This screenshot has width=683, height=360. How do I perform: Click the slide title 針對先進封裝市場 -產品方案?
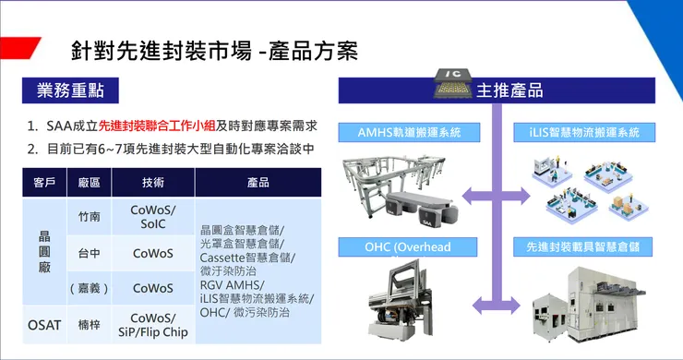click(x=214, y=50)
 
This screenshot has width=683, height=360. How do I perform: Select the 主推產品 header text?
click(x=509, y=90)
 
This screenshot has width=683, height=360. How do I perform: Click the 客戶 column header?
click(x=42, y=183)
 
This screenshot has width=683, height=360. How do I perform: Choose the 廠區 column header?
click(x=90, y=183)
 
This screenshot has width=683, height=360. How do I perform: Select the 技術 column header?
click(x=152, y=183)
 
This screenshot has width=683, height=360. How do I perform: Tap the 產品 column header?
click(x=258, y=183)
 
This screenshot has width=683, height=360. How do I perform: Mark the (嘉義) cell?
click(x=90, y=288)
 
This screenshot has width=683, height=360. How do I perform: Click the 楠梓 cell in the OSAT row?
click(x=90, y=324)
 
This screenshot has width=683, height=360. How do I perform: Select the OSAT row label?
click(x=42, y=324)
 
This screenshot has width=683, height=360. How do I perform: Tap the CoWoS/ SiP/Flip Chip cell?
click(x=152, y=324)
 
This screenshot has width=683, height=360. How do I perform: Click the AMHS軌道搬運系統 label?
click(x=407, y=132)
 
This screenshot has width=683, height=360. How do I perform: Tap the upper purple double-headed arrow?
click(x=497, y=195)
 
